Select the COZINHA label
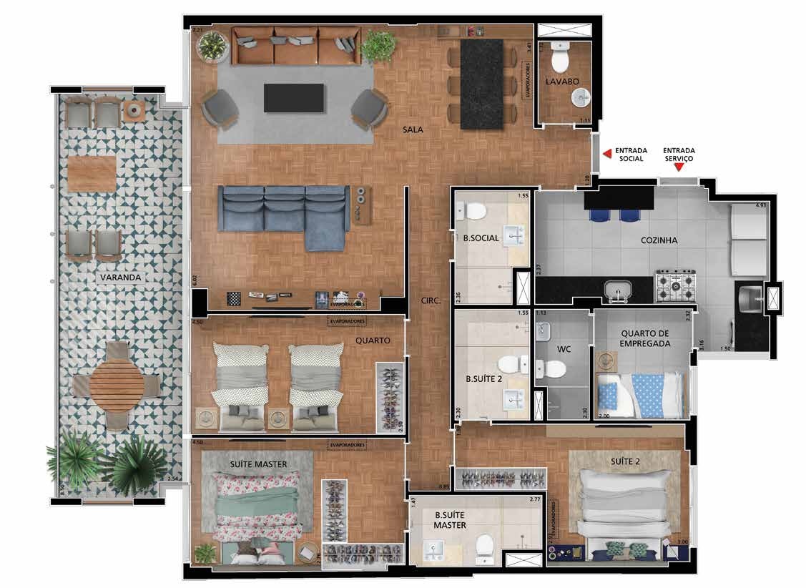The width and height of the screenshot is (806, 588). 659,241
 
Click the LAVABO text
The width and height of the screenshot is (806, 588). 562,82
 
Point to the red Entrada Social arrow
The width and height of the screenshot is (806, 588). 606,152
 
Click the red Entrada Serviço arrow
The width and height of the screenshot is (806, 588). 679,167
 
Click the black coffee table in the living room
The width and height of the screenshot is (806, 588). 293,98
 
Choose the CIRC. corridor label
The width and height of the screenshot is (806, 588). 431,303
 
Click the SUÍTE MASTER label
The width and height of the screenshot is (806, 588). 258,464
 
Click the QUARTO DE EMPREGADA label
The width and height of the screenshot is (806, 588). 645,338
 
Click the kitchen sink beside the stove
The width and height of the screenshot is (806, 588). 616,290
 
